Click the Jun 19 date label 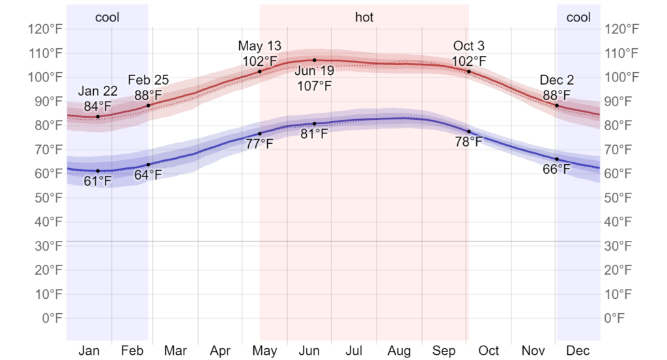(314, 70)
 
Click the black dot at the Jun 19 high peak (314, 60)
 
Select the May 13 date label (260, 46)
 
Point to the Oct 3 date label (469, 46)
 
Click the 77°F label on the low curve (260, 144)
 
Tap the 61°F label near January (98, 182)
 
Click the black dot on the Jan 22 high (98, 117)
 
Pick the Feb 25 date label (149, 81)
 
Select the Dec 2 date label (557, 81)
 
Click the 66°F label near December (557, 169)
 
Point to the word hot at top (364, 18)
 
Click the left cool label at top (107, 18)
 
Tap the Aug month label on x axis (399, 351)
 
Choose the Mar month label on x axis (175, 351)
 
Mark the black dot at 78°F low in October (469, 132)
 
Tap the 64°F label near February (149, 174)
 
